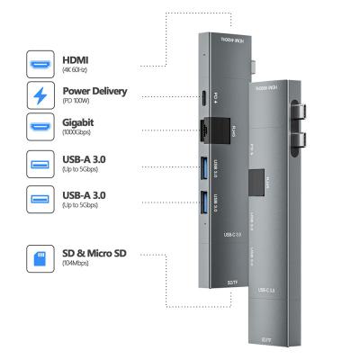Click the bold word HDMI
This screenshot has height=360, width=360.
75,59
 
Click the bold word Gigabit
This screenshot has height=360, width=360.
79,121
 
